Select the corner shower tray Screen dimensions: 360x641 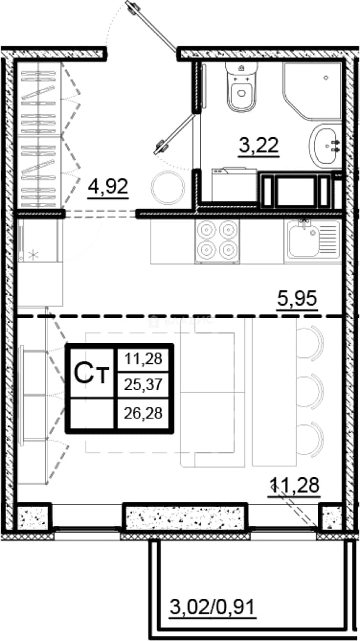coord(313,91)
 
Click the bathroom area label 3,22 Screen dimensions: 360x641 coord(259,145)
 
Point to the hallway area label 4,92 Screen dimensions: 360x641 coord(109,187)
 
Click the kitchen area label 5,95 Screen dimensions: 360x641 coord(297,300)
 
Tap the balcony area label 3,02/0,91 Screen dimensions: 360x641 coord(212,605)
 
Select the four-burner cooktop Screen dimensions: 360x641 coord(218,242)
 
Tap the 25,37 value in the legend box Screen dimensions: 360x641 coord(142,384)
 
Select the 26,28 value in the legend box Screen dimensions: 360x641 coord(142,413)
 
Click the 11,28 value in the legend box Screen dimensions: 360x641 coord(142,360)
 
